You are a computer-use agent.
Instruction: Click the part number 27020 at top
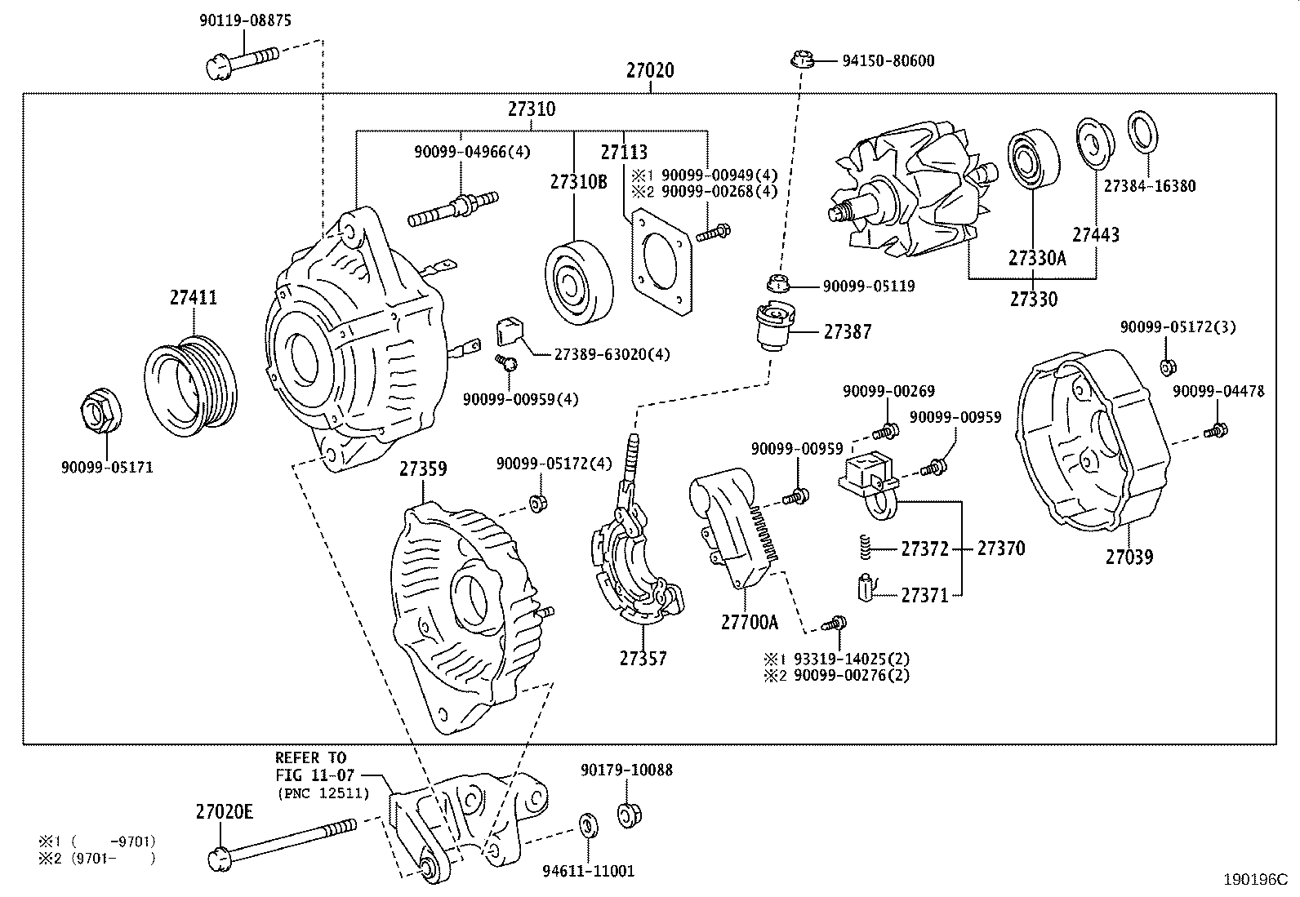point(650,71)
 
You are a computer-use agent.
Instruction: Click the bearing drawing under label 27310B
point(577,282)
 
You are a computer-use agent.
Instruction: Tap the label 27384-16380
point(1149,186)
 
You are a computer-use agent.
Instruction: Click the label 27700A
point(749,623)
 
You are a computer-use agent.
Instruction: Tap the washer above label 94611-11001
point(586,825)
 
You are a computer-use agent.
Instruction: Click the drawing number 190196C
point(1254,881)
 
